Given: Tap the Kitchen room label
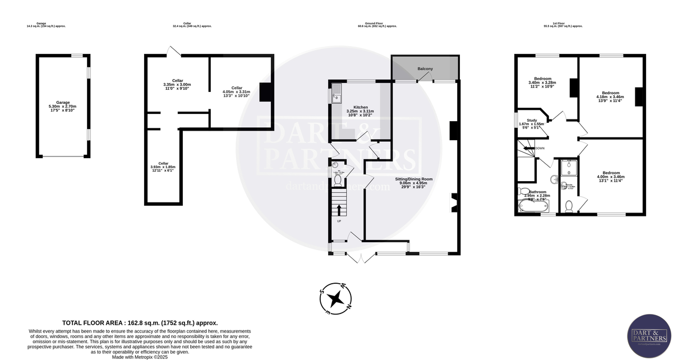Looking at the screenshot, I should tap(360, 107).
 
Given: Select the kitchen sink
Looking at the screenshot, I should tap(336, 94).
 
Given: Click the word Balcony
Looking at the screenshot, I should tap(425, 69).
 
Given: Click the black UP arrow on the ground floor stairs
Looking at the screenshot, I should tap(339, 210).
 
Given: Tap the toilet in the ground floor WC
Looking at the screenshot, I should tap(336, 179).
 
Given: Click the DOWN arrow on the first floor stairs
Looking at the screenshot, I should tap(530, 149).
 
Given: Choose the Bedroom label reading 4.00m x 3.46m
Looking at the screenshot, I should tap(611, 173).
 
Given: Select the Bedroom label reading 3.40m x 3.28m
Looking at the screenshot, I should tap(542, 79).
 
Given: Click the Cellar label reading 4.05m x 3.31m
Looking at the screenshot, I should tap(237, 87).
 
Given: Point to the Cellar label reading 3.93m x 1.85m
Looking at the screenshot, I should tap(163, 163).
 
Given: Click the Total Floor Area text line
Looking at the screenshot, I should tap(140, 323).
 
